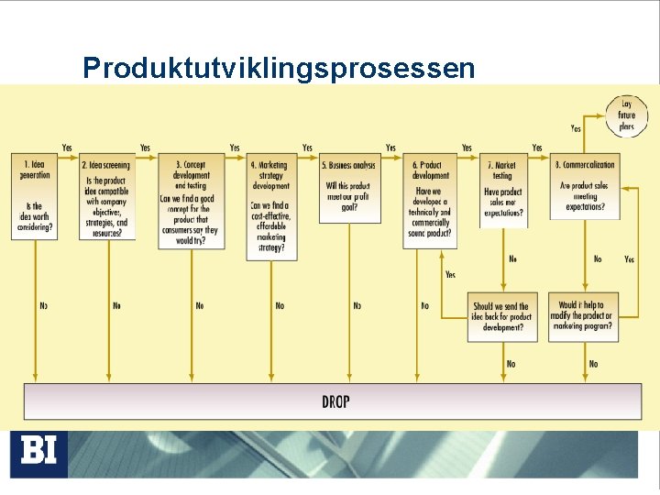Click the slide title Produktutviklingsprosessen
coord(279,67)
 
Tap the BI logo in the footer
coord(38,451)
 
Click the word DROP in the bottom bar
coord(335,401)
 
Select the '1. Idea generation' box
coord(34,197)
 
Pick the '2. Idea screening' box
coord(107,197)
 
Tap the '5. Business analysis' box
coord(349,188)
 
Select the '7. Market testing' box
coord(503,191)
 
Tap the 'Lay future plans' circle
coord(626,115)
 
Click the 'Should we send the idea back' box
coord(502,316)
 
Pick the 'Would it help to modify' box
coord(582,316)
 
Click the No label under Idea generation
coord(43,305)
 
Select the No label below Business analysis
coord(357,305)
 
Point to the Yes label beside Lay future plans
coord(576,128)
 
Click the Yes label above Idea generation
coord(67,148)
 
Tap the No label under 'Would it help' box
coord(593,364)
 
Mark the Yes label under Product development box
coord(450,274)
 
